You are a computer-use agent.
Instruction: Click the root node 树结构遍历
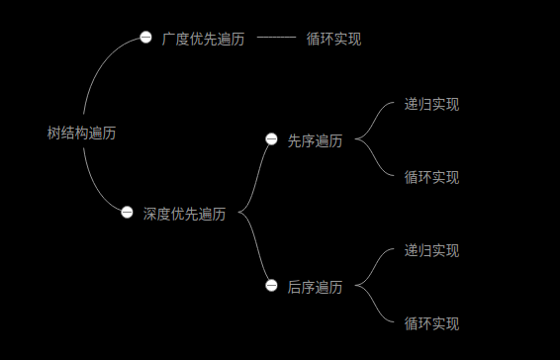[x=81, y=134]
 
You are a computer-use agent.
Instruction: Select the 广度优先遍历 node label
[x=203, y=40]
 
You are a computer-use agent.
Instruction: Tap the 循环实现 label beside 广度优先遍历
[x=333, y=40]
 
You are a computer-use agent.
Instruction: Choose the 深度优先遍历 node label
[x=184, y=214]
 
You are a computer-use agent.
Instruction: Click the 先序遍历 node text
[x=315, y=141]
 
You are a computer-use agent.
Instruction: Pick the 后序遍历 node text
[x=315, y=287]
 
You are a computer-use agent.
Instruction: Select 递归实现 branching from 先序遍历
[x=431, y=104]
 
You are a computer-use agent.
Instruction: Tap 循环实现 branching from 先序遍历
[x=431, y=177]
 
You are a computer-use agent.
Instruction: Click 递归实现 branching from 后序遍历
[x=431, y=250]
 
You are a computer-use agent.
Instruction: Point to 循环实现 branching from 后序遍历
[x=431, y=323]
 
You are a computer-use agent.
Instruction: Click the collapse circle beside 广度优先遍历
[x=145, y=38]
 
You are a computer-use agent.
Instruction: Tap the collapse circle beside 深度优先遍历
[x=127, y=212]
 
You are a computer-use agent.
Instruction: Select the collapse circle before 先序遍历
[x=271, y=139]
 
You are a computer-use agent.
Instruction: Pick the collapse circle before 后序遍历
[x=271, y=286]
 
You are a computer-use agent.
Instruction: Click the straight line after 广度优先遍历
[x=276, y=38]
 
